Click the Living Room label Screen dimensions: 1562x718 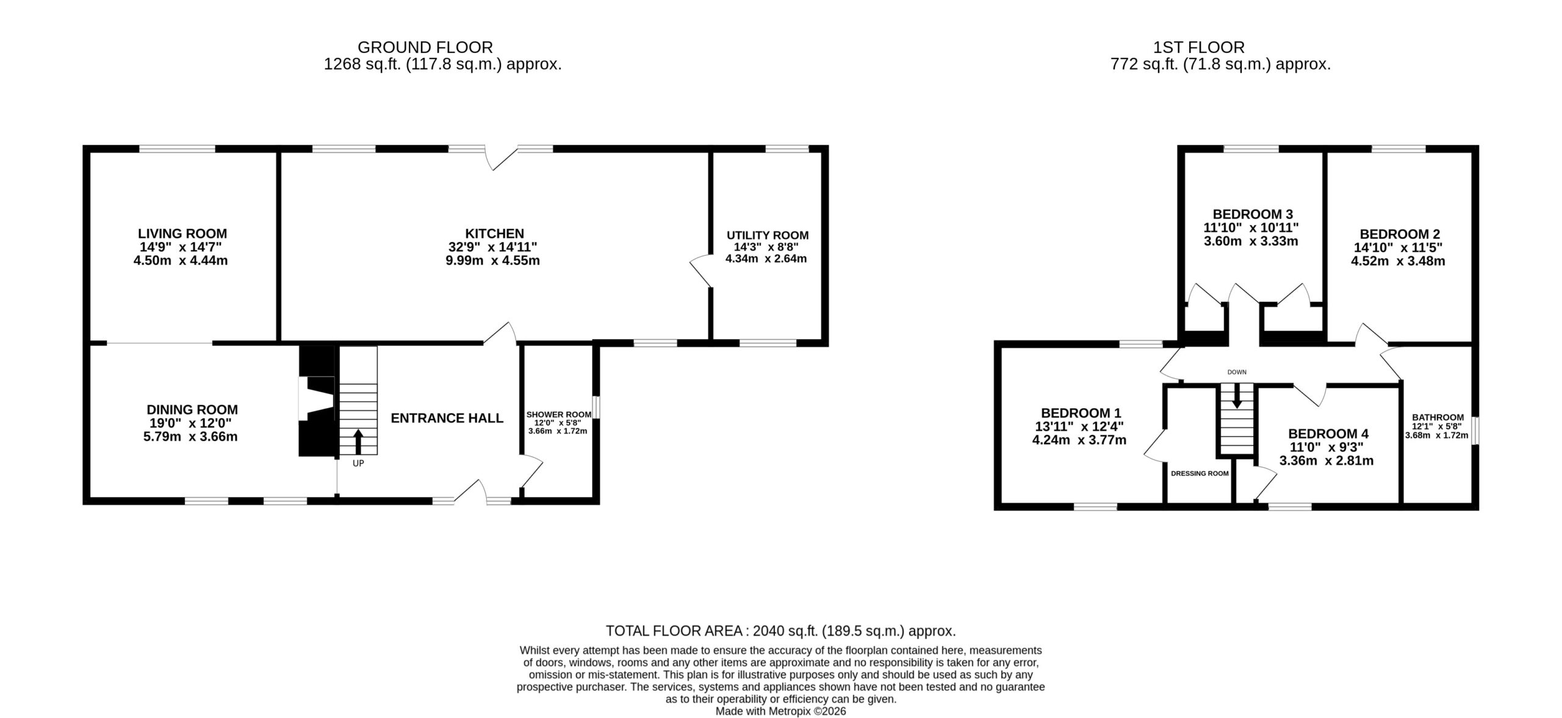pos(182,234)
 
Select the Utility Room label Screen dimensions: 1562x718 pos(768,235)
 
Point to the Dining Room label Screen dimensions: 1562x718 pos(192,410)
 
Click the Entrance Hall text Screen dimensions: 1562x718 pos(447,418)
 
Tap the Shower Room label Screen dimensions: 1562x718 pos(559,415)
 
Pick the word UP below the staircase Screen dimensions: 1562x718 pos(358,464)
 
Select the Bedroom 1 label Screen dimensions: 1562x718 pos(1081,413)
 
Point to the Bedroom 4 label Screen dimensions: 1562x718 pos(1328,434)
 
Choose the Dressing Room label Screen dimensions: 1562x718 pos(1200,473)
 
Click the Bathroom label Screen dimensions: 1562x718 pos(1438,417)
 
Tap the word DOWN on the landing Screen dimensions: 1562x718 pos(1237,372)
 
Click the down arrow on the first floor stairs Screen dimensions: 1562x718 pos(1237,395)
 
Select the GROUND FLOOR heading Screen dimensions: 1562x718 pos(425,47)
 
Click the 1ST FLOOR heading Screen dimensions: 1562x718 pos(1199,47)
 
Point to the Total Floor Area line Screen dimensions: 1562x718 pos(780,631)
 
